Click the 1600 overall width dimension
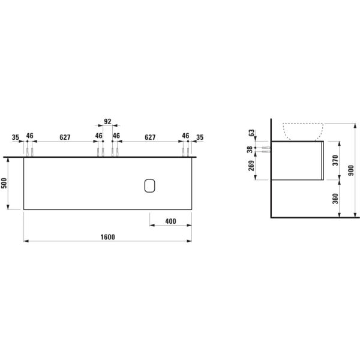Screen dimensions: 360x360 point(107,237)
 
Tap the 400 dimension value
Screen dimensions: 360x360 point(170,221)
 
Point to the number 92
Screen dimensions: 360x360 point(108,122)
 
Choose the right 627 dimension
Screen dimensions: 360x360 point(151,137)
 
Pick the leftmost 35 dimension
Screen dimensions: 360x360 point(15,137)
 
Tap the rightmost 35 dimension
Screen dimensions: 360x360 point(200,137)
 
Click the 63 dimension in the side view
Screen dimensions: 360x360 point(251,132)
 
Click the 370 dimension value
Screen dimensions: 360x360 point(336,161)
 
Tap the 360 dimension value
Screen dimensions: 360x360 point(336,197)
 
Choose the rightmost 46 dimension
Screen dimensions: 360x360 point(186,137)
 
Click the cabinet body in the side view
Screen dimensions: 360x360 point(297,161)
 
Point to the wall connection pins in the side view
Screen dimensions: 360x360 point(263,148)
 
